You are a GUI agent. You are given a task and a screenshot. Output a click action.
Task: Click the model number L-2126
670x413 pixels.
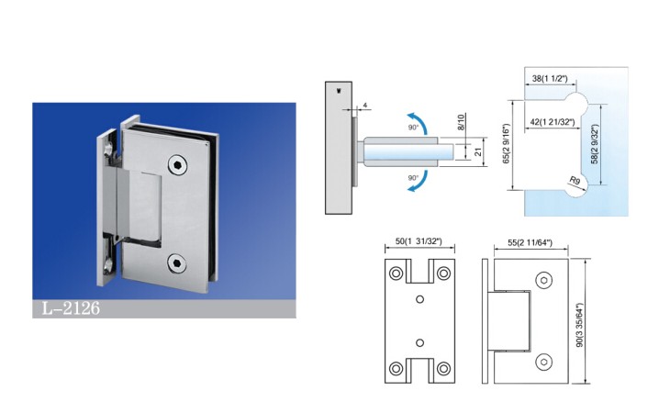pos(71,308)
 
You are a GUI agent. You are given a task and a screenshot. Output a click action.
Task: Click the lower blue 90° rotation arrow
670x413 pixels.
pos(419,182)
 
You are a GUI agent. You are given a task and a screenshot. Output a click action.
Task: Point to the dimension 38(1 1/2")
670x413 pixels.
pos(550,79)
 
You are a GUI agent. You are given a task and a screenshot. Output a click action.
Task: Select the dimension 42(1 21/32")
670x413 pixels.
pos(553,122)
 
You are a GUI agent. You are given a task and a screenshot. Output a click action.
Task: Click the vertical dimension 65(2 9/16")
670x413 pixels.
pos(507,143)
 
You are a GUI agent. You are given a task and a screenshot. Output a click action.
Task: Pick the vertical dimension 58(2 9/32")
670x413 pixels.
pos(595,144)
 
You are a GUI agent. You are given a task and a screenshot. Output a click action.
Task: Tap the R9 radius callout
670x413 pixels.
pos(575,181)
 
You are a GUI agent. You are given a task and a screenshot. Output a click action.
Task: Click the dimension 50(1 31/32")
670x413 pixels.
pos(419,241)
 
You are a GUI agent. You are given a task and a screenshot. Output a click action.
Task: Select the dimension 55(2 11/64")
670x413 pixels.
pos(530,242)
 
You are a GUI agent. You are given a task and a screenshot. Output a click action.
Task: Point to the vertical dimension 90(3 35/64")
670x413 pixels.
pos(579,325)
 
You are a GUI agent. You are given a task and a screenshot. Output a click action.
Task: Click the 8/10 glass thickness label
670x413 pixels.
pos(461,122)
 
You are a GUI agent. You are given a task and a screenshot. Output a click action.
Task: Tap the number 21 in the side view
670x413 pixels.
pos(477,151)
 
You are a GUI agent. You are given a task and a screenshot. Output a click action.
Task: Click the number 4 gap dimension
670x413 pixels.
pos(365,105)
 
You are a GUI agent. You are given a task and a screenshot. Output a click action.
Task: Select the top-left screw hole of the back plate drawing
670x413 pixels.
pos(396,273)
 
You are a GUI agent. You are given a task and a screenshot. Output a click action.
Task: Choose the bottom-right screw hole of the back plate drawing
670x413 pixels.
pos(443,368)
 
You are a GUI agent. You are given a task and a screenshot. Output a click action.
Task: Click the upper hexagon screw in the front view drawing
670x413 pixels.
pos(543,280)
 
